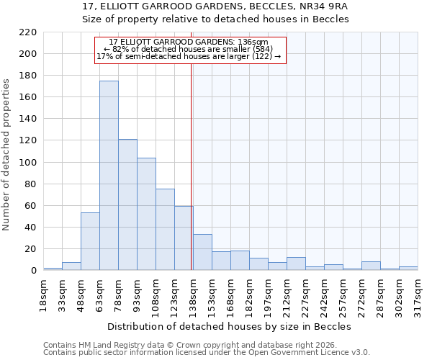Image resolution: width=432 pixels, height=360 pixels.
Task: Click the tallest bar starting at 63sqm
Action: coord(109,176)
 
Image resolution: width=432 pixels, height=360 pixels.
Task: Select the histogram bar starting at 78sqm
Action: coord(127,205)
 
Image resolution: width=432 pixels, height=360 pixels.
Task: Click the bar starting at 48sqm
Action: coord(90,241)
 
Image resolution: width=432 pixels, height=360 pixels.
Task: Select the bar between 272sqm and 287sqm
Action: coord(371,266)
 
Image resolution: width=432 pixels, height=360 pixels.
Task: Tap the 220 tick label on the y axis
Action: coord(27,32)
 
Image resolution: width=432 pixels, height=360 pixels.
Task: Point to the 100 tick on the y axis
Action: coord(27,163)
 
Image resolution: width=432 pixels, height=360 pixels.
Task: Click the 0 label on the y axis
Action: coord(33,271)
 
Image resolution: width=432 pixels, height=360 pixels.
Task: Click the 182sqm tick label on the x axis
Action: coord(249,294)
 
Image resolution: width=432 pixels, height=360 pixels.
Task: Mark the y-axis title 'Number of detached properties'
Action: coord(7,156)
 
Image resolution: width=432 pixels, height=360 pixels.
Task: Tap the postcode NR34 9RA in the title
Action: coord(319,6)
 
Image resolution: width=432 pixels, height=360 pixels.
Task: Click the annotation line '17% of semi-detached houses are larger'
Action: coord(188,57)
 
